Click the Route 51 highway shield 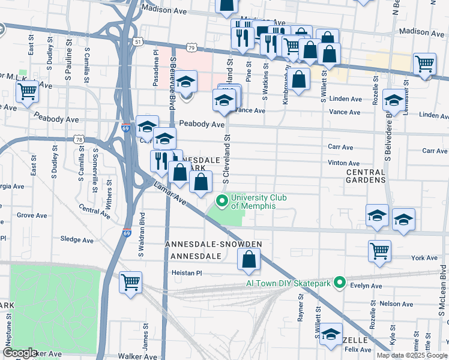point(139,41)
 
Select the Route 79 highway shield point(191,47)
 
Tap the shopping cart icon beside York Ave point(379,251)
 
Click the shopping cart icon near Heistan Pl point(130,281)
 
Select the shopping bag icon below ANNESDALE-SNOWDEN point(249,259)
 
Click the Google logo point(20,352)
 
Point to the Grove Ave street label point(32,215)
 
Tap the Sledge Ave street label point(77,239)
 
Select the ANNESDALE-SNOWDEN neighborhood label point(214,245)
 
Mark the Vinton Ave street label point(344,163)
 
